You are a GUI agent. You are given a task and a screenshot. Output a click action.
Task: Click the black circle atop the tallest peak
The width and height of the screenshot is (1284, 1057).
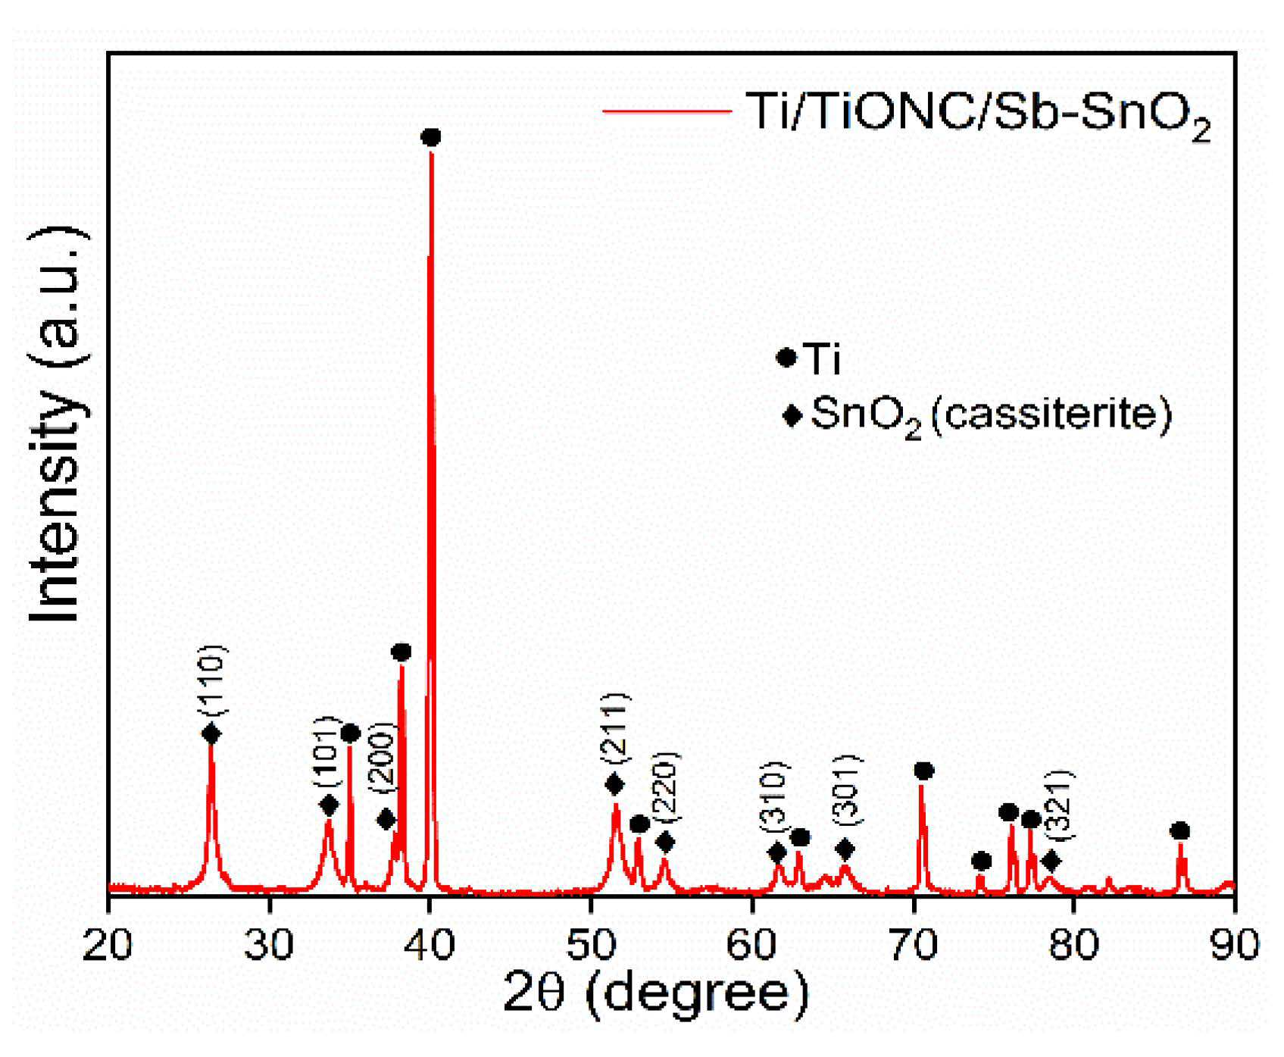pos(430,137)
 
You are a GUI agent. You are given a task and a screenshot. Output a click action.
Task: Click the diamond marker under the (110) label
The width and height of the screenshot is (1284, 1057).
pos(211,733)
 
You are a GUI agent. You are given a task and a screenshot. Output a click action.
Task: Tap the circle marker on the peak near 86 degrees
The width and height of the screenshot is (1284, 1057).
pos(1179,831)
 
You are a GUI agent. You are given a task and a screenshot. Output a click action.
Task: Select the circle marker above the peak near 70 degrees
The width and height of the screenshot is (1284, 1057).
pos(923,771)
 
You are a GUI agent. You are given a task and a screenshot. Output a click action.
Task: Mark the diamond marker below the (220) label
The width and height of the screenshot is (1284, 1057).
pos(665,842)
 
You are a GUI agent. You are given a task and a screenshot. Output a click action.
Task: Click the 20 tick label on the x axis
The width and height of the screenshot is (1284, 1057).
pos(108,945)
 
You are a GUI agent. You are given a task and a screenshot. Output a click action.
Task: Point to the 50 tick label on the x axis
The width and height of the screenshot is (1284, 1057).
pos(591,945)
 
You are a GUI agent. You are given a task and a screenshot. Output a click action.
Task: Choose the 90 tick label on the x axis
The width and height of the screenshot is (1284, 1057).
pos(1235,945)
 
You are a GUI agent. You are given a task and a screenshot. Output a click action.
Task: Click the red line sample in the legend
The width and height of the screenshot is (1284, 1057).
pos(667,111)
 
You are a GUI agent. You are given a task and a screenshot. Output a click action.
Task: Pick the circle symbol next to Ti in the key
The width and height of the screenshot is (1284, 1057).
pos(786,358)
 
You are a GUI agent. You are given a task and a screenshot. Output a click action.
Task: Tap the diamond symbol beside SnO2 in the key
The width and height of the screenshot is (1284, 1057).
pos(792,415)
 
